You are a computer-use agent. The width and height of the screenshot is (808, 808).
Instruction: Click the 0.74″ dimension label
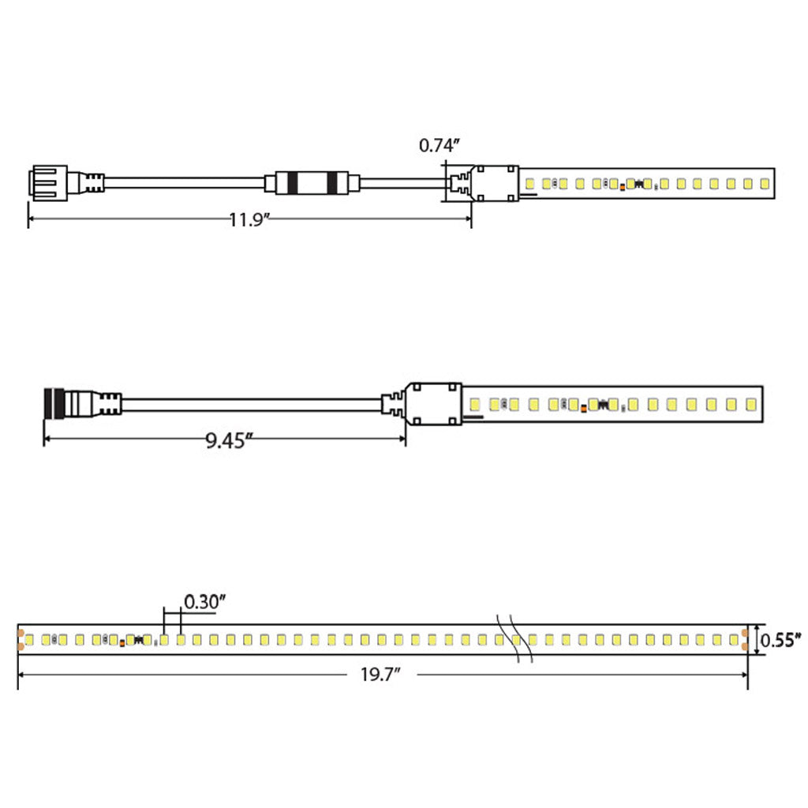click(439, 145)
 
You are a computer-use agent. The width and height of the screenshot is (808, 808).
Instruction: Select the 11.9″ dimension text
click(249, 219)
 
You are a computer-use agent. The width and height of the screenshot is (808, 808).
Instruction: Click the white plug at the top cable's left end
click(47, 183)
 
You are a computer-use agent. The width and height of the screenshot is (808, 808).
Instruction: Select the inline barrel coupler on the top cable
click(312, 183)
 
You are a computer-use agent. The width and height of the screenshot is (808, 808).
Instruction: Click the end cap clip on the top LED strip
click(495, 183)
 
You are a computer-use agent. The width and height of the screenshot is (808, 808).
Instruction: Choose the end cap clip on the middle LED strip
click(432, 404)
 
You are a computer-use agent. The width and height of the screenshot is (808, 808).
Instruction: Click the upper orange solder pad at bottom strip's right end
click(746, 632)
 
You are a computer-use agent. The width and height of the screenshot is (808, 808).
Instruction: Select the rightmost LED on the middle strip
click(750, 405)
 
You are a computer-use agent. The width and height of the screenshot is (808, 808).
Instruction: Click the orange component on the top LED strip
click(623, 187)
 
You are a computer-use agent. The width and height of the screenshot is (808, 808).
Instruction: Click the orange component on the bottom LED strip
click(122, 643)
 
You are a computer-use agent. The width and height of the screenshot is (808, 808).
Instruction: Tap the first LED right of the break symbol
click(533, 639)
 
